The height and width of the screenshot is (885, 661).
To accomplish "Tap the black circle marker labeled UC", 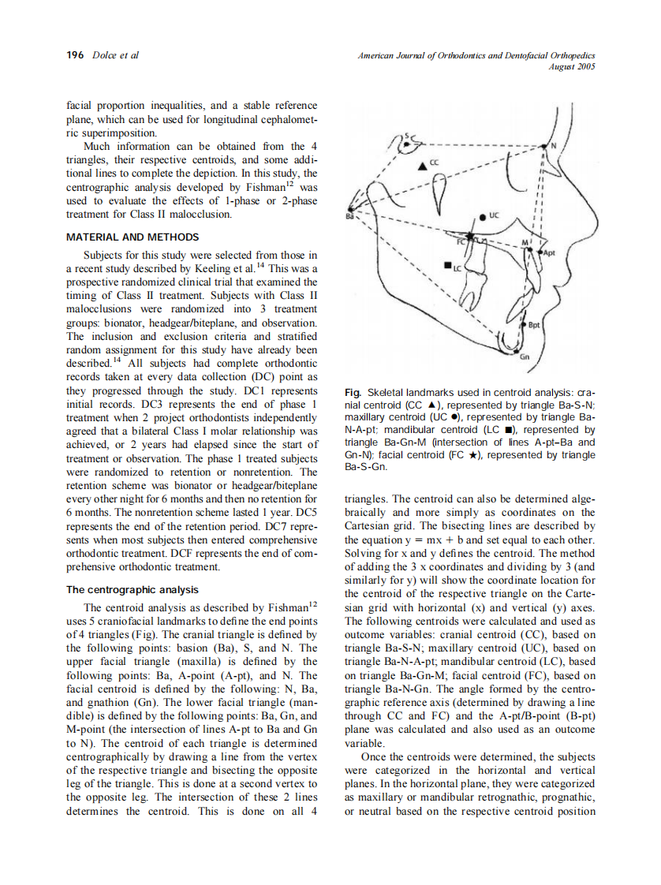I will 483,215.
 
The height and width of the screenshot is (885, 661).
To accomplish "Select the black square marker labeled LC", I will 447,266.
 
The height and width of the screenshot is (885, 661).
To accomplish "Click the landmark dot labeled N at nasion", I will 543,147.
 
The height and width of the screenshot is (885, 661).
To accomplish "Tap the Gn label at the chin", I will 526,357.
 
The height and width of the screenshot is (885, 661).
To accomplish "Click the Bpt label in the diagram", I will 533,324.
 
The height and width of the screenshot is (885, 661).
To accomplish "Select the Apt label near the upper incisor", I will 550,252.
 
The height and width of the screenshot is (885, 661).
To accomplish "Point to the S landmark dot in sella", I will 407,144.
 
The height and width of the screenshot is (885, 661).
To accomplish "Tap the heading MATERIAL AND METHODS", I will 133,237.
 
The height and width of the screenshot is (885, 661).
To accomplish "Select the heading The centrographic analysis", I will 132,589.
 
